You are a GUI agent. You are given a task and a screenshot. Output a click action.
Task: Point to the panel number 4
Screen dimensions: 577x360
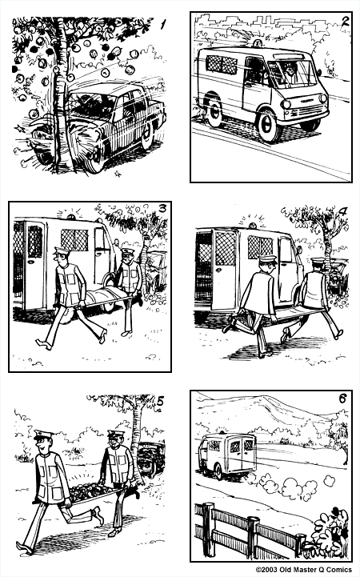(x=342, y=213)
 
